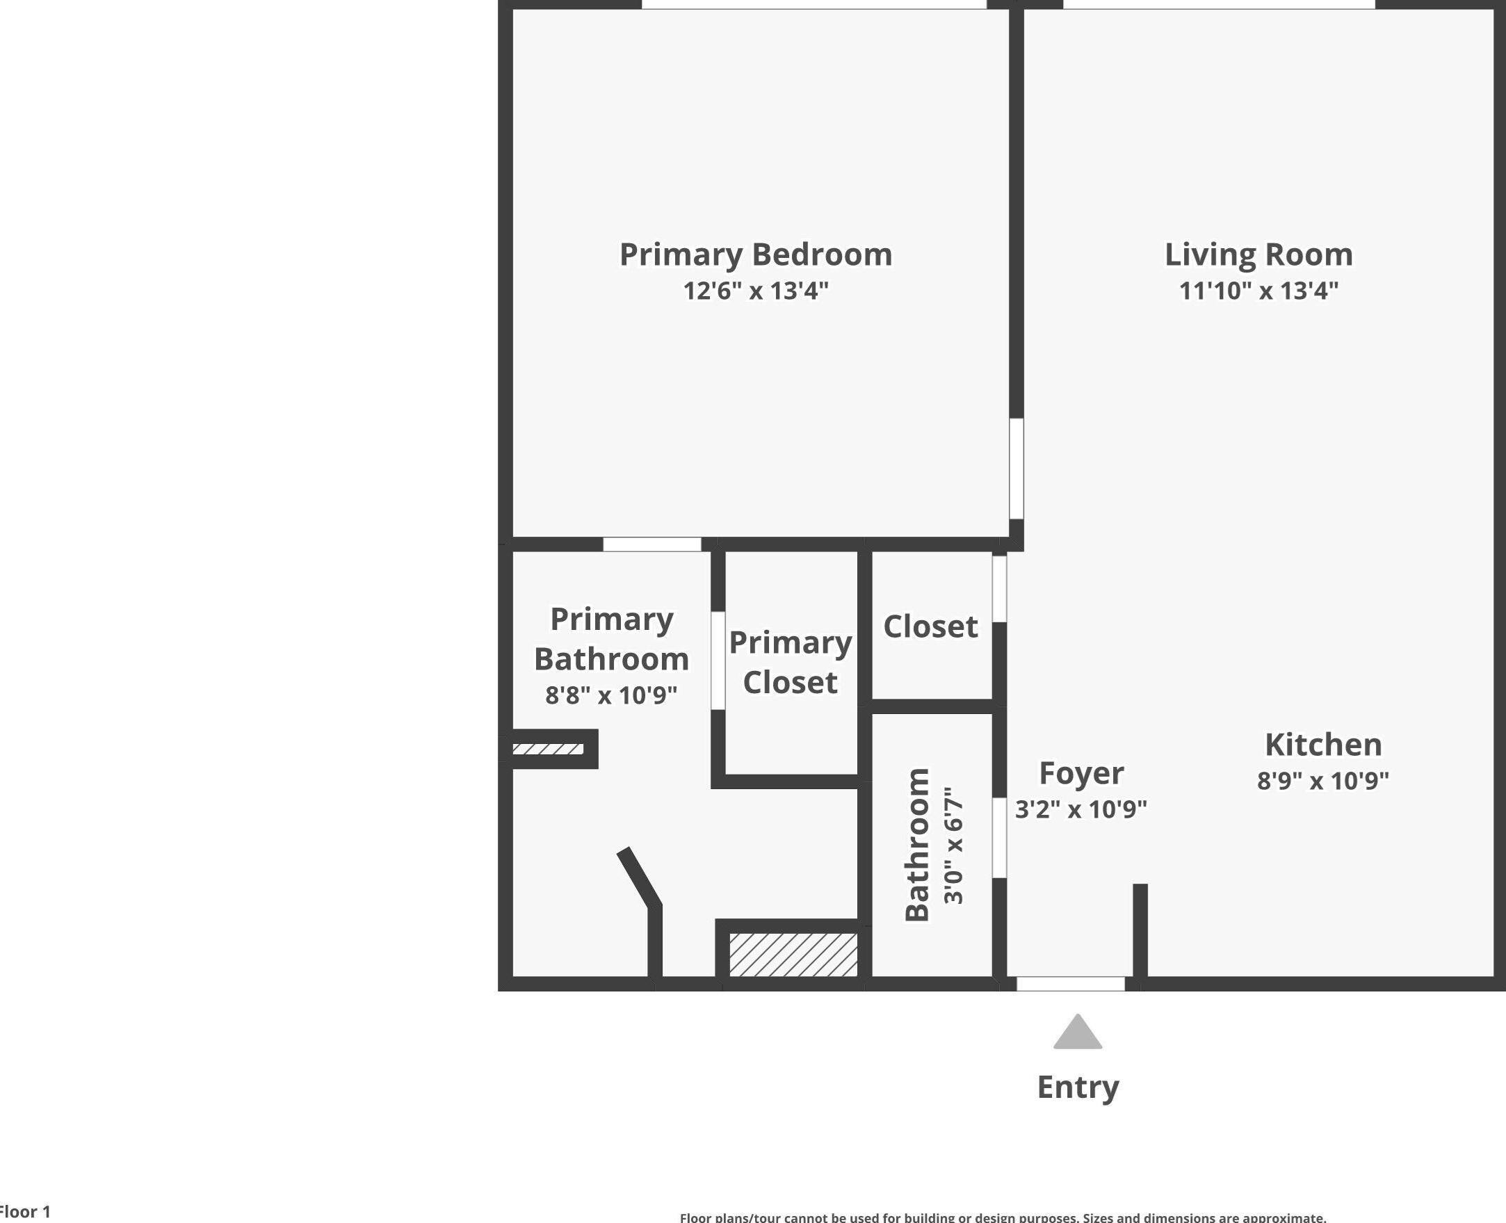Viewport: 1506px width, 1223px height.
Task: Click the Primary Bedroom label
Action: coord(755,254)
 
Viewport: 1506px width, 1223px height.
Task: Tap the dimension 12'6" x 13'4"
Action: coord(755,290)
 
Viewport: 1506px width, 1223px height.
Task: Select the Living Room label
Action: coord(1258,254)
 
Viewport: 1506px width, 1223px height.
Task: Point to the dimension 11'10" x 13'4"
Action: coord(1258,290)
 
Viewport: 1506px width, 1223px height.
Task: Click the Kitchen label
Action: coord(1323,745)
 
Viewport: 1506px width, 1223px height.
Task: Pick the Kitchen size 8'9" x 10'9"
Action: coord(1323,781)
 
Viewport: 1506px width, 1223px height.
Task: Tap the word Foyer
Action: coord(1080,773)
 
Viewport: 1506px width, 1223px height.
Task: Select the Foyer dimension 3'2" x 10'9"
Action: coord(1080,809)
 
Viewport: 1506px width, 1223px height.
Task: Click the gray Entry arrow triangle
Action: coord(1077,1033)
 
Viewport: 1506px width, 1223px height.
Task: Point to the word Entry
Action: coord(1077,1086)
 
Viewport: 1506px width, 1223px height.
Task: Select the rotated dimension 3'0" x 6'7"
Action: coord(953,845)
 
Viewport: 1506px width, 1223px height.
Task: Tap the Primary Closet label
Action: coord(790,662)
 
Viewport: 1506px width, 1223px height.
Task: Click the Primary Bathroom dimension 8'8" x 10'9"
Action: coord(610,695)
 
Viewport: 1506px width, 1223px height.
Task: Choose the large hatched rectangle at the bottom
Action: coord(793,955)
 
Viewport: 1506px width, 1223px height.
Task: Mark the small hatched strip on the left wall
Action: coord(547,749)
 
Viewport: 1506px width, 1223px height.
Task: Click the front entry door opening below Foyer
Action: coord(1070,983)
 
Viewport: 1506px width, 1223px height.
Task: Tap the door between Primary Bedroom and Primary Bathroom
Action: coord(651,544)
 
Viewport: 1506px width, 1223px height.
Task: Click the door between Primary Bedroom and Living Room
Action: coord(1016,469)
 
